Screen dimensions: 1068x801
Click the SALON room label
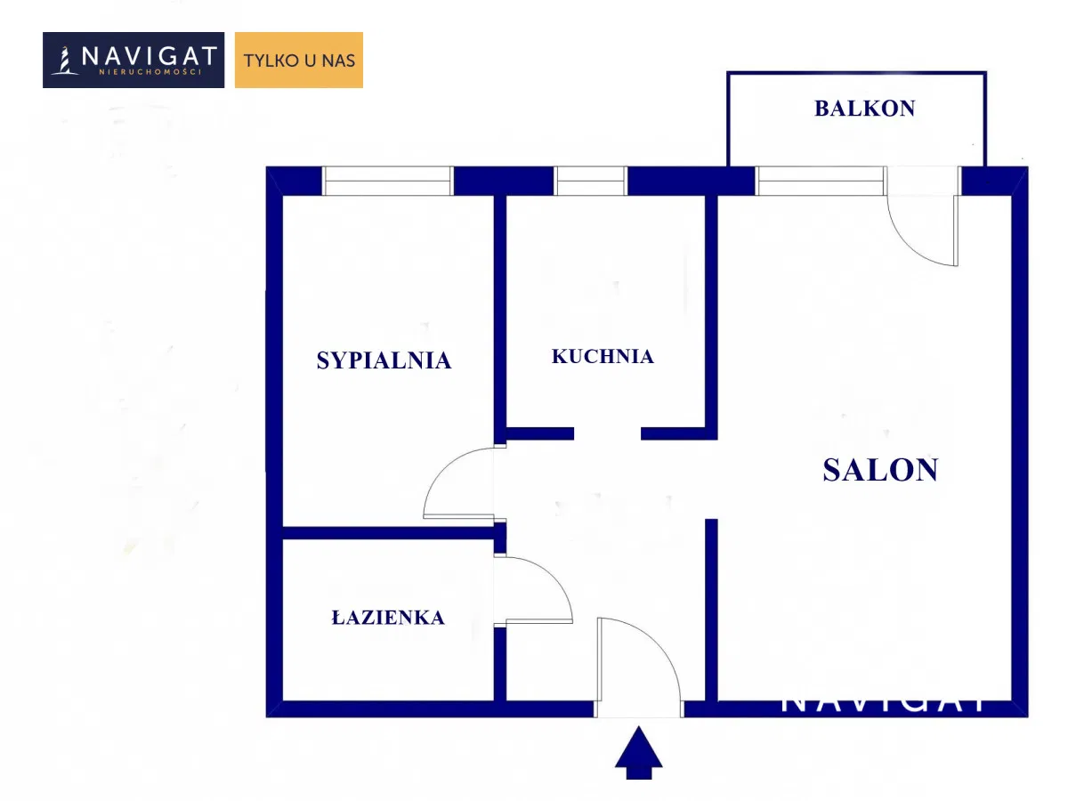(880, 470)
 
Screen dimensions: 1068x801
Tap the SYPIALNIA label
(384, 360)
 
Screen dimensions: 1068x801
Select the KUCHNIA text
(603, 357)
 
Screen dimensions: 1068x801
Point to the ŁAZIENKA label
(388, 617)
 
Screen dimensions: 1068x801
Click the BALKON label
(864, 109)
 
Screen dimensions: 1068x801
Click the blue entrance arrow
(638, 753)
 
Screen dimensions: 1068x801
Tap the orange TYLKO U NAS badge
(299, 60)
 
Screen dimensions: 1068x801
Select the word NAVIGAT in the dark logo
(150, 56)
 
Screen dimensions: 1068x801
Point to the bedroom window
(388, 181)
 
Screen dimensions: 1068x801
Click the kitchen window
(591, 181)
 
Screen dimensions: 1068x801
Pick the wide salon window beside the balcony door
(821, 181)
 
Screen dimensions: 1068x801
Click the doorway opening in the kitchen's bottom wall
(607, 433)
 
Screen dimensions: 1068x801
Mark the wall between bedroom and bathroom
(388, 533)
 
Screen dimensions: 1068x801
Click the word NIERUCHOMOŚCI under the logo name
(150, 72)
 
